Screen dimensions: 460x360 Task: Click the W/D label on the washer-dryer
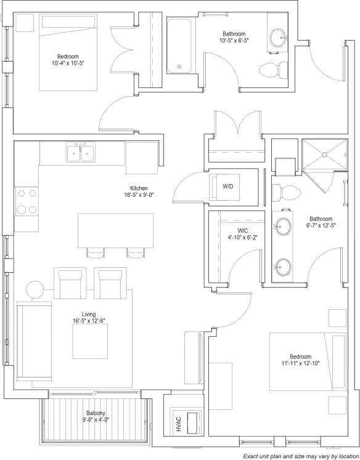[227, 186]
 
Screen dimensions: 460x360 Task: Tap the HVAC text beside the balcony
[178, 424]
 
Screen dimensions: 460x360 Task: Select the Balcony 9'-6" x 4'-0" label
[95, 417]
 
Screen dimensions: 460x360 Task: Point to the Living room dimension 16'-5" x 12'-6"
[89, 320]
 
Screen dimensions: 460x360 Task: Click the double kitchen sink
[81, 152]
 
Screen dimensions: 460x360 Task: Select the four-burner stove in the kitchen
[26, 201]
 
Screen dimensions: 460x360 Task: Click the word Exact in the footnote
[253, 456]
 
